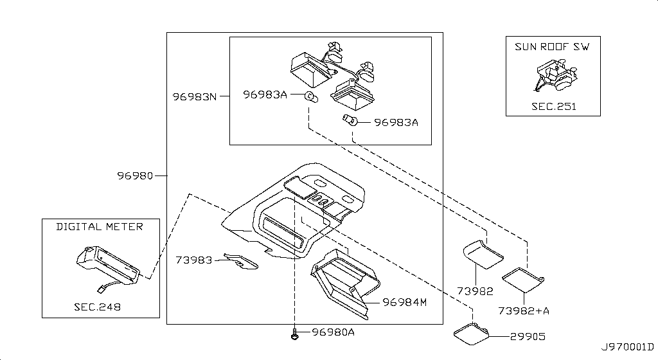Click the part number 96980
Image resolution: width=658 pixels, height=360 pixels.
click(x=135, y=175)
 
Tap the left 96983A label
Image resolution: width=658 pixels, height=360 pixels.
click(x=265, y=95)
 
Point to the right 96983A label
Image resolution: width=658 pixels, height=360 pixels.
click(x=396, y=122)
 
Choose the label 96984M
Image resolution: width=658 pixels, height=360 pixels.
click(x=405, y=301)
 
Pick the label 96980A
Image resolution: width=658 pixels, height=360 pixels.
click(x=333, y=332)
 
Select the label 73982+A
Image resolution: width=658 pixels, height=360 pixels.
click(x=524, y=310)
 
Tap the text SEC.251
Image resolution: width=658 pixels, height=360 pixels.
click(x=553, y=106)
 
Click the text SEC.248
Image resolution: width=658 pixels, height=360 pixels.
click(x=97, y=307)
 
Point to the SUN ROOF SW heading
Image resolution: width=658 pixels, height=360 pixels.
click(x=553, y=46)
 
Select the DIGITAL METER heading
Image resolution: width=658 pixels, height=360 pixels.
click(x=100, y=226)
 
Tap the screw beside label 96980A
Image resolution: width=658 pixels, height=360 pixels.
click(x=294, y=334)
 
